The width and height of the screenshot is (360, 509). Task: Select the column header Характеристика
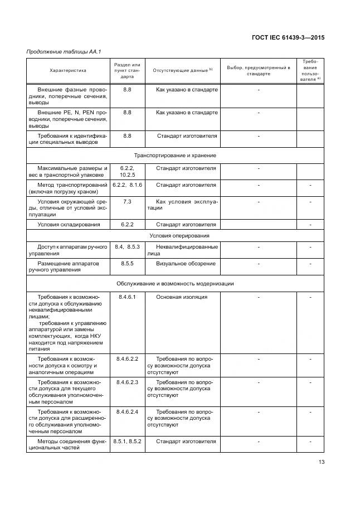[68, 71]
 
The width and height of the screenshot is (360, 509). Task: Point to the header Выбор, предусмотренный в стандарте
[259, 71]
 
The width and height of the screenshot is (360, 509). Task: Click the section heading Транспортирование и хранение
[175, 155]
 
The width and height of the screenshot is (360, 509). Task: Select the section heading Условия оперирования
[175, 236]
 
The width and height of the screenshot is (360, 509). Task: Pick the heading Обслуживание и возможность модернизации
[175, 283]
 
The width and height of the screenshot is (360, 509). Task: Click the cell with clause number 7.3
[127, 201]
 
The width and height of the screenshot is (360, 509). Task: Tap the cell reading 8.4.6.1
[127, 297]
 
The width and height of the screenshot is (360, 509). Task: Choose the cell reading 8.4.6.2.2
[127, 358]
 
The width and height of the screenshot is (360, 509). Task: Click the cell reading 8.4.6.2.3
[127, 382]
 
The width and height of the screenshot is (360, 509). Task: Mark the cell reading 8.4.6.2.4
[127, 412]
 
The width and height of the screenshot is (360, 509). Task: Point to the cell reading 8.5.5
[127, 263]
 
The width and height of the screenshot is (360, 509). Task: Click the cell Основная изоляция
[182, 297]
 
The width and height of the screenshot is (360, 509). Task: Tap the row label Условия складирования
[69, 225]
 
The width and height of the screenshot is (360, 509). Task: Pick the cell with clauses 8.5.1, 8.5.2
[127, 442]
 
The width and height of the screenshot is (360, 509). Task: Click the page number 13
[322, 461]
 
